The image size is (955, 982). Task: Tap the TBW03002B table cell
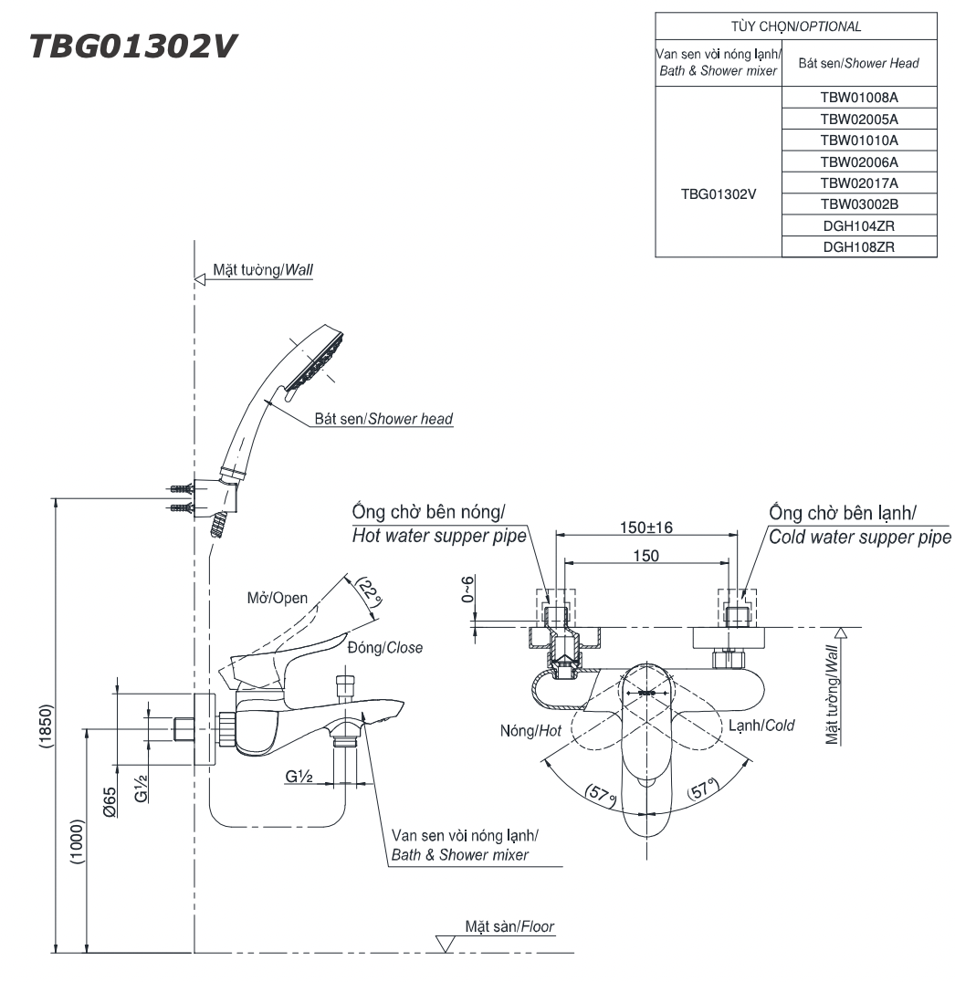(859, 205)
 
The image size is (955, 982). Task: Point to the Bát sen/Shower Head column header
(859, 63)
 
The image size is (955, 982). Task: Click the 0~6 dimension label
(469, 590)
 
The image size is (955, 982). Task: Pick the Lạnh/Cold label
(761, 726)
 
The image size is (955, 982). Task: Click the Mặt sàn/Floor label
(509, 926)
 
